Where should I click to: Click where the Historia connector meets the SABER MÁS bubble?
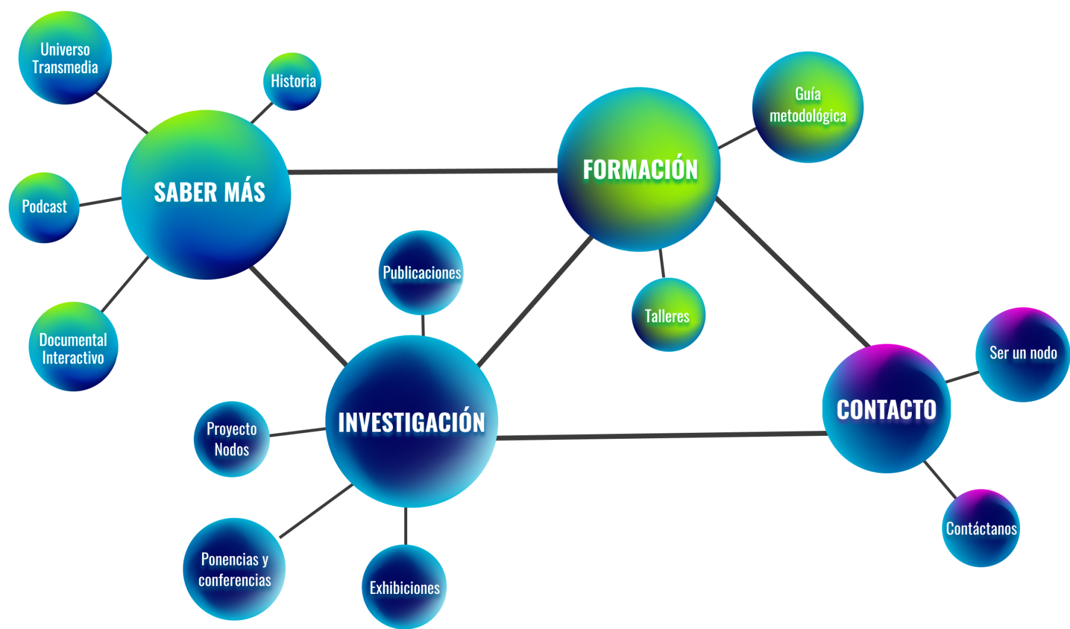(252, 123)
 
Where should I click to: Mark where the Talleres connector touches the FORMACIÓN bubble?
(660, 250)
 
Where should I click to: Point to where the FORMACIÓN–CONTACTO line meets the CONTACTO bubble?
(869, 347)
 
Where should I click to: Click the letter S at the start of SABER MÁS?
(160, 193)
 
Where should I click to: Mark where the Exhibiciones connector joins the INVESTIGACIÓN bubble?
(406, 507)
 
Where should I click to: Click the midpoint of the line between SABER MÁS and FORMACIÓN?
(423, 171)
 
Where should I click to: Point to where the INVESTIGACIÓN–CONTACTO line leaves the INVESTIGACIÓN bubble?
(497, 438)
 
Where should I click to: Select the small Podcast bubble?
(44, 207)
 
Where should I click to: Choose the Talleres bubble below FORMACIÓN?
(668, 314)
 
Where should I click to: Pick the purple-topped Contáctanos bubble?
(981, 528)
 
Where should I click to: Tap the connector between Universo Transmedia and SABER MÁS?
(122, 112)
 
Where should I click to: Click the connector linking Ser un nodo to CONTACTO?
(962, 377)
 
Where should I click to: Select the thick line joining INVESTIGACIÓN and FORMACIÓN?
(535, 301)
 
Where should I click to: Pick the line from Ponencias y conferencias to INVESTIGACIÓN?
(316, 511)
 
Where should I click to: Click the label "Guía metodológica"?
(808, 105)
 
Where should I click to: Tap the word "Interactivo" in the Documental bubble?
(73, 358)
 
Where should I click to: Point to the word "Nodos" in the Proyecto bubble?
(232, 449)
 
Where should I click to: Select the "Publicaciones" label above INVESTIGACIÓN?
(421, 273)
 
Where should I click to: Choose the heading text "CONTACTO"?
(886, 410)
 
